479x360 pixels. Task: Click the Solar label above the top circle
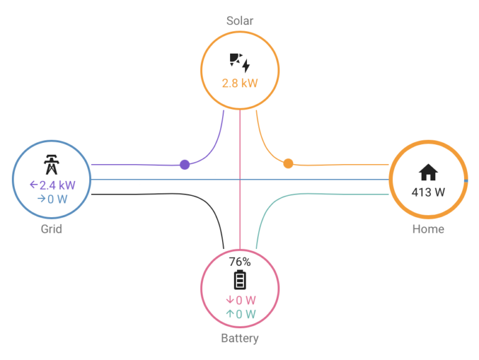click(x=239, y=21)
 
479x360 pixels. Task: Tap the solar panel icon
click(x=239, y=62)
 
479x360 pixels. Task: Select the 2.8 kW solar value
click(x=239, y=83)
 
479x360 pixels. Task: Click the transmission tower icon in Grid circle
click(x=51, y=165)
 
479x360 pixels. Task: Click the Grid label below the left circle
click(x=51, y=229)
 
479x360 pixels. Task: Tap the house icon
click(x=428, y=172)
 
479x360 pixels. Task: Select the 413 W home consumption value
click(x=428, y=192)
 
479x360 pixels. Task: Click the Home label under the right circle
click(x=428, y=229)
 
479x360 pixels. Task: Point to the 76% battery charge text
click(x=239, y=262)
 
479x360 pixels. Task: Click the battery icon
click(x=239, y=280)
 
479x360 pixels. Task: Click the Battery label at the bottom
click(x=239, y=339)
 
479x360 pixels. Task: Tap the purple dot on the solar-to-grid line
click(x=185, y=165)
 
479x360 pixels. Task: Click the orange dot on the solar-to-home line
click(x=288, y=163)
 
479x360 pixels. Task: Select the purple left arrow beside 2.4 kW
click(x=34, y=185)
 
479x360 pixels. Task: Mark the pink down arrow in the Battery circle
click(x=229, y=300)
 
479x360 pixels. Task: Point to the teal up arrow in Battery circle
click(x=229, y=314)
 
